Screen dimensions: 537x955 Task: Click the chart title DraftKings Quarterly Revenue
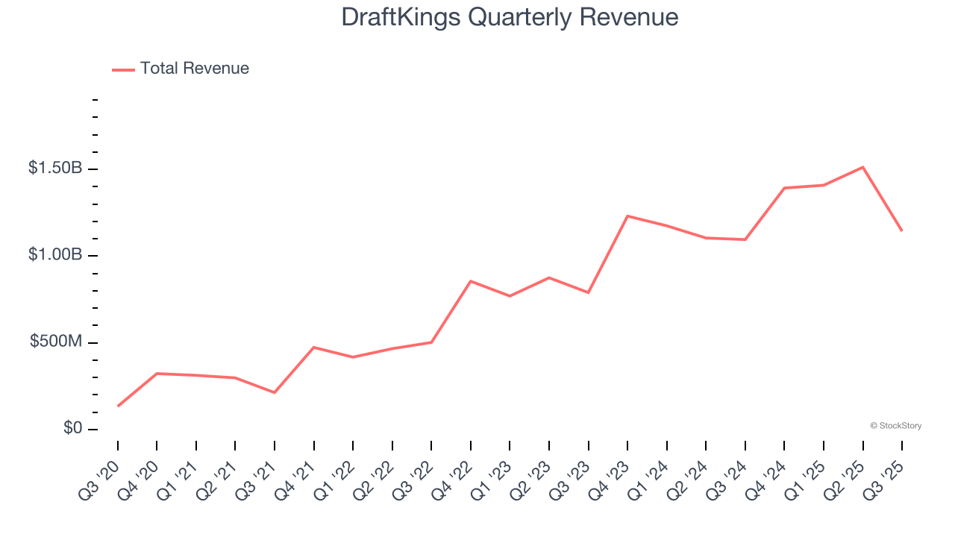click(x=510, y=17)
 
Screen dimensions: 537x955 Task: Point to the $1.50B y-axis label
click(x=55, y=169)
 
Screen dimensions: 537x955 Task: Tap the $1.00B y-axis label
click(x=55, y=255)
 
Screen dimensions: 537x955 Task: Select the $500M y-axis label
click(x=57, y=342)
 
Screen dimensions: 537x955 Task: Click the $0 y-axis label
click(x=72, y=429)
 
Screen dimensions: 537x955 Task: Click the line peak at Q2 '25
click(x=862, y=167)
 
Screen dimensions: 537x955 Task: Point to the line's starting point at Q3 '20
click(x=118, y=406)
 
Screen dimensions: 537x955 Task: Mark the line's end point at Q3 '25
click(x=901, y=230)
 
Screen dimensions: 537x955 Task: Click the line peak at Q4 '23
click(x=627, y=216)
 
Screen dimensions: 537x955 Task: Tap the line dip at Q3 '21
click(x=275, y=392)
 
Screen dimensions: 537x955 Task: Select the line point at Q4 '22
click(x=471, y=281)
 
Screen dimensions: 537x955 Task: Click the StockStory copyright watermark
click(x=895, y=426)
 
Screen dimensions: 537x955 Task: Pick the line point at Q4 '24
click(x=784, y=188)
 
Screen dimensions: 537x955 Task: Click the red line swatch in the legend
click(x=123, y=69)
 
